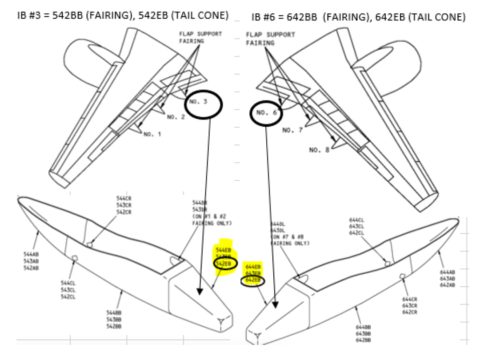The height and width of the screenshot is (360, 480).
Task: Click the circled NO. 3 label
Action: click(x=198, y=102)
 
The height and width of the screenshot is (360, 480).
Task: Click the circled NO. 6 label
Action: click(x=267, y=113)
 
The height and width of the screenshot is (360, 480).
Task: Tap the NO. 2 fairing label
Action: click(x=176, y=117)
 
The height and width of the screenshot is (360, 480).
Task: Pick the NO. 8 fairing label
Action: click(x=319, y=150)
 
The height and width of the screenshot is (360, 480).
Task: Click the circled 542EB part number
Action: click(x=223, y=263)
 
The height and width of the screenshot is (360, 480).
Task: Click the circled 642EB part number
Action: click(x=252, y=280)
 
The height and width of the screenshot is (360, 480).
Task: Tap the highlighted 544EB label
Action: click(x=223, y=250)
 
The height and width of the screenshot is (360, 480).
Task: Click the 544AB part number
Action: click(x=31, y=254)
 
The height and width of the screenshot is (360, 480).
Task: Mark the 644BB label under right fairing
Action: click(x=363, y=327)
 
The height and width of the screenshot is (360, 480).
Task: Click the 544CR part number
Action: click(x=124, y=199)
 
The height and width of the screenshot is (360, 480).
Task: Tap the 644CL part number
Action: click(x=356, y=220)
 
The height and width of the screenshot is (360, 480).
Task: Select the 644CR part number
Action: click(x=409, y=300)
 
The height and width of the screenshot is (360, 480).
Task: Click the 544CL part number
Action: click(x=68, y=283)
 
